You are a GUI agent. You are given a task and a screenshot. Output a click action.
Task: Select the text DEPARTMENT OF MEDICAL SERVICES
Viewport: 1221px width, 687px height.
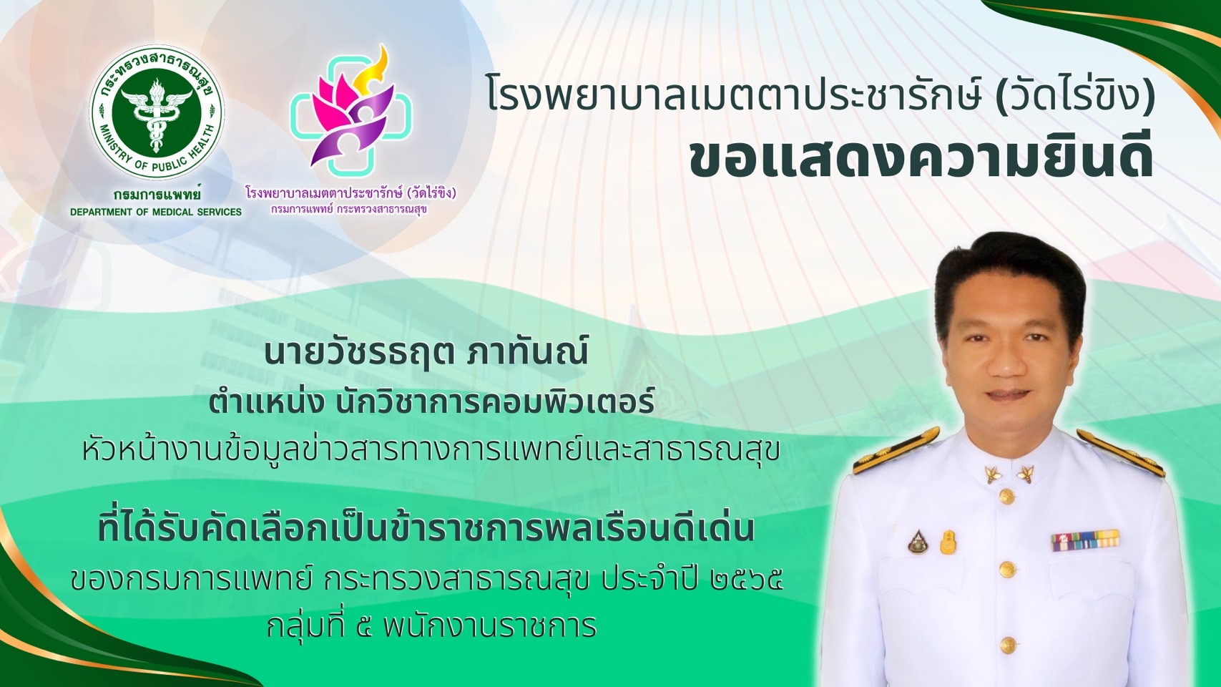[156, 212]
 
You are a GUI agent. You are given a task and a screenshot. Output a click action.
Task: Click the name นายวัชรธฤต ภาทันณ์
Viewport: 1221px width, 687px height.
[426, 352]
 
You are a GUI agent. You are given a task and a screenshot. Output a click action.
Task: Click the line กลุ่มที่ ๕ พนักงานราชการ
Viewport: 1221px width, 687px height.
[432, 626]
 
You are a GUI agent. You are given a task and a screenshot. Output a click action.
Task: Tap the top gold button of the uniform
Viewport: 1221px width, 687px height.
[1006, 496]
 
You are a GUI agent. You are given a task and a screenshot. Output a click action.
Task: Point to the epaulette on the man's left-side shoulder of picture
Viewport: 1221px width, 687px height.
[895, 450]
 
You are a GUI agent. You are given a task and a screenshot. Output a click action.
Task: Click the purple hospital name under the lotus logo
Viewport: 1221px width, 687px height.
[351, 193]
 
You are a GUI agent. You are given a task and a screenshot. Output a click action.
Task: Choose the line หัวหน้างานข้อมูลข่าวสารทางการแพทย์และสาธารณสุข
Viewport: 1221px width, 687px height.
[431, 450]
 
